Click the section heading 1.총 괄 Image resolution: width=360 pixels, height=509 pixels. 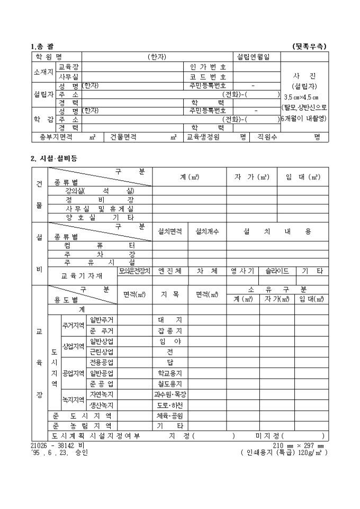[x=42, y=47]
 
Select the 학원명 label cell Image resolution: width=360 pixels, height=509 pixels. [x=49, y=57]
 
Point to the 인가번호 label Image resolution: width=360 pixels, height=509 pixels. [x=208, y=67]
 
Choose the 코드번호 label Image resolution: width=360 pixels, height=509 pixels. [x=208, y=77]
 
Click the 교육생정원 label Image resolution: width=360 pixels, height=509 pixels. [x=202, y=137]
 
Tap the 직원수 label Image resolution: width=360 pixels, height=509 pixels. [x=268, y=137]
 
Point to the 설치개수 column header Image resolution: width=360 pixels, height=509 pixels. [x=207, y=232]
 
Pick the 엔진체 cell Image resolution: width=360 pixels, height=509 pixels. [x=170, y=271]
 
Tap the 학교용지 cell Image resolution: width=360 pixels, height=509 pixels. [x=170, y=373]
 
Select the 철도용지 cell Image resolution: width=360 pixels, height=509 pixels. [x=170, y=384]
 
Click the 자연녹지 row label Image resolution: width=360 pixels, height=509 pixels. [x=101, y=394]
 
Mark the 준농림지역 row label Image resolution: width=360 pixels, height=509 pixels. [x=82, y=426]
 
